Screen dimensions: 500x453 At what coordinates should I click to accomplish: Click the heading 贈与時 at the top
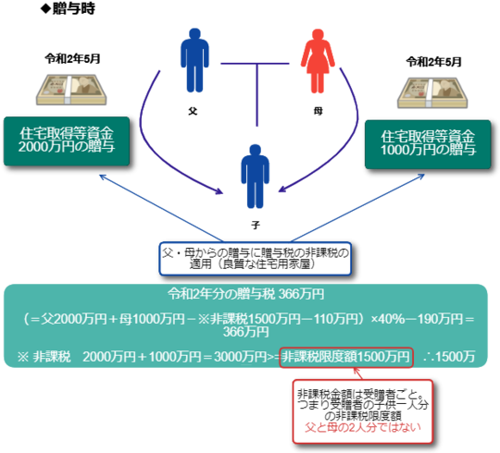[x=68, y=8]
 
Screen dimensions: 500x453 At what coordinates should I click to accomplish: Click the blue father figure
[x=194, y=60]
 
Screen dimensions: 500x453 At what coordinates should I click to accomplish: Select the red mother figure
[x=318, y=61]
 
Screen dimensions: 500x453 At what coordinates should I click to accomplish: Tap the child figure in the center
[x=256, y=177]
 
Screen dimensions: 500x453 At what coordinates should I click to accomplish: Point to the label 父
[x=193, y=111]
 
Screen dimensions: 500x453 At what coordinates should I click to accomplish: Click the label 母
[x=318, y=111]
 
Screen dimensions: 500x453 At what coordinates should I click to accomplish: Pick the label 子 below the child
[x=256, y=225]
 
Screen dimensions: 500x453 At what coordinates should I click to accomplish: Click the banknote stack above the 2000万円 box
[x=71, y=90]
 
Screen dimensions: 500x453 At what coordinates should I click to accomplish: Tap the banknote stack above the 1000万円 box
[x=432, y=92]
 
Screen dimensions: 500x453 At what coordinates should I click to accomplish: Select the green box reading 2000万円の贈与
[x=67, y=141]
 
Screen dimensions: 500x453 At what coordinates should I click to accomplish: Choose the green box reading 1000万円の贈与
[x=428, y=144]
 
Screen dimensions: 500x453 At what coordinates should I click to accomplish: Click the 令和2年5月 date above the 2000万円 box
[x=73, y=59]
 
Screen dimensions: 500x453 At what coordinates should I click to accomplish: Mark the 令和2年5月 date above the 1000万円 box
[x=434, y=62]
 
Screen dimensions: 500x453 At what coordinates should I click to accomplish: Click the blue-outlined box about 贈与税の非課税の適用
[x=256, y=259]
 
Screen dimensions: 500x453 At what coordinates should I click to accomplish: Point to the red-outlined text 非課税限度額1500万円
[x=346, y=357]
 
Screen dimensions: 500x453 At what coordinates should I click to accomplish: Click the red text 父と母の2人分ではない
[x=363, y=427]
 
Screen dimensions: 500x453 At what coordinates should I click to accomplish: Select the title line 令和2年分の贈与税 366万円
[x=246, y=294]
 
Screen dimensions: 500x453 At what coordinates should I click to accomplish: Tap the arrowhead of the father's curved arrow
[x=219, y=191]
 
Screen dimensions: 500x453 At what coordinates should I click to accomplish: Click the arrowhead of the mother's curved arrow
[x=282, y=190]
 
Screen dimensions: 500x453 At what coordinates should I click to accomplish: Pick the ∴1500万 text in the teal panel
[x=449, y=357]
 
